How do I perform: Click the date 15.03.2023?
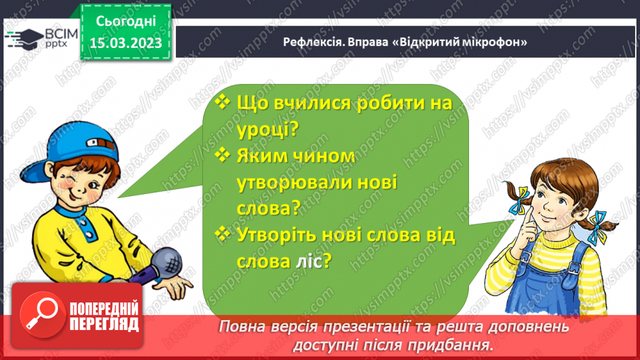pos(125,43)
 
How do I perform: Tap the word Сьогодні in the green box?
pos(126,22)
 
